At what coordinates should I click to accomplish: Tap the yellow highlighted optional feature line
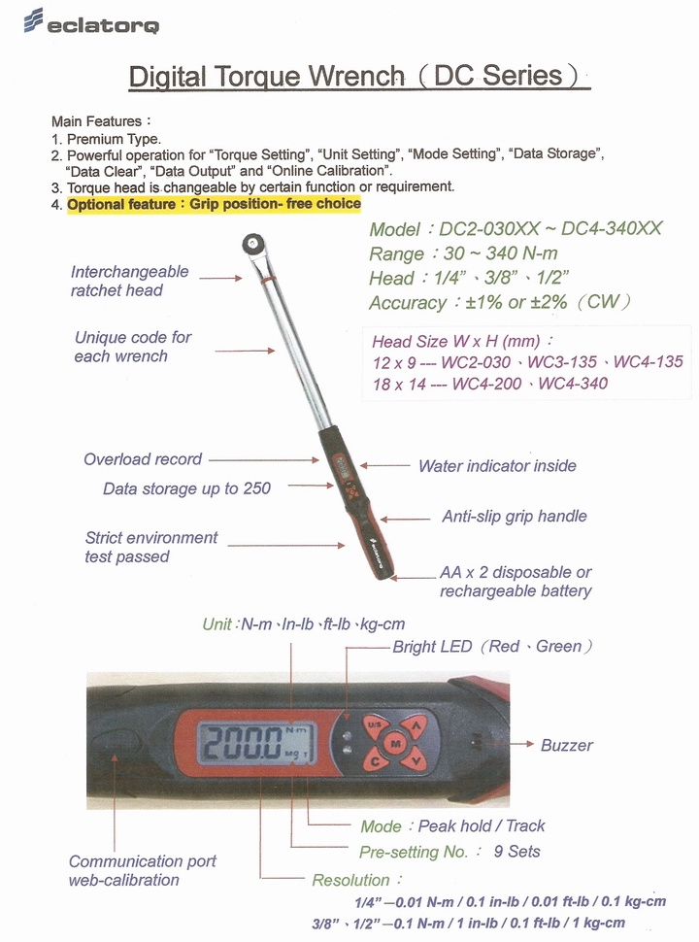click(x=214, y=204)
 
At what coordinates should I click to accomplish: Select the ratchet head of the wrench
click(x=254, y=245)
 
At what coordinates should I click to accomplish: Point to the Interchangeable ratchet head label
click(x=129, y=282)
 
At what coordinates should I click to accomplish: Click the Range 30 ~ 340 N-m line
click(x=463, y=253)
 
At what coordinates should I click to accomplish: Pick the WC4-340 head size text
click(x=573, y=384)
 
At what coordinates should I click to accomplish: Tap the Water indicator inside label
click(x=497, y=465)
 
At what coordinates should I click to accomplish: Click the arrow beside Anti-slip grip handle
click(x=405, y=519)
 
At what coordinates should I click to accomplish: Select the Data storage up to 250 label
click(x=186, y=488)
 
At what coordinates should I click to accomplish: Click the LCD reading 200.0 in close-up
click(x=256, y=743)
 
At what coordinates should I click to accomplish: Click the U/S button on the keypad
click(x=374, y=725)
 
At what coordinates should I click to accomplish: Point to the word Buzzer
click(x=566, y=745)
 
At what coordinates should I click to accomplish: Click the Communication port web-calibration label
click(x=143, y=870)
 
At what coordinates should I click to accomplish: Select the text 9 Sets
click(x=516, y=852)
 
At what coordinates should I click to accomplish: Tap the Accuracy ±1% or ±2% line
click(x=500, y=302)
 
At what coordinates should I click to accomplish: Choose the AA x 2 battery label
click(x=516, y=582)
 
